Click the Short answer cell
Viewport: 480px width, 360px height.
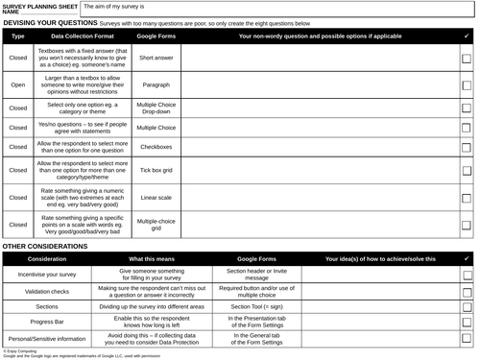pyautogui.click(x=156, y=58)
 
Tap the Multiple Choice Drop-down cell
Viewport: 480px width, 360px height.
pyautogui.click(x=156, y=108)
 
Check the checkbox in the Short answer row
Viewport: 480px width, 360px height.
pyautogui.click(x=466, y=59)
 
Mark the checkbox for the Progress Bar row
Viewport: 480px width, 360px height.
pyautogui.click(x=466, y=322)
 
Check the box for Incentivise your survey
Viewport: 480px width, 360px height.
pyautogui.click(x=466, y=274)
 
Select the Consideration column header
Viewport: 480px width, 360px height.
pyautogui.click(x=47, y=258)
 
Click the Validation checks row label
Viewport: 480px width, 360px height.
pyautogui.click(x=47, y=289)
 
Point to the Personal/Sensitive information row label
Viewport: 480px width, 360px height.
pyautogui.click(x=47, y=338)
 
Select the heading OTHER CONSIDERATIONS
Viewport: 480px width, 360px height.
pyautogui.click(x=45, y=246)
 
